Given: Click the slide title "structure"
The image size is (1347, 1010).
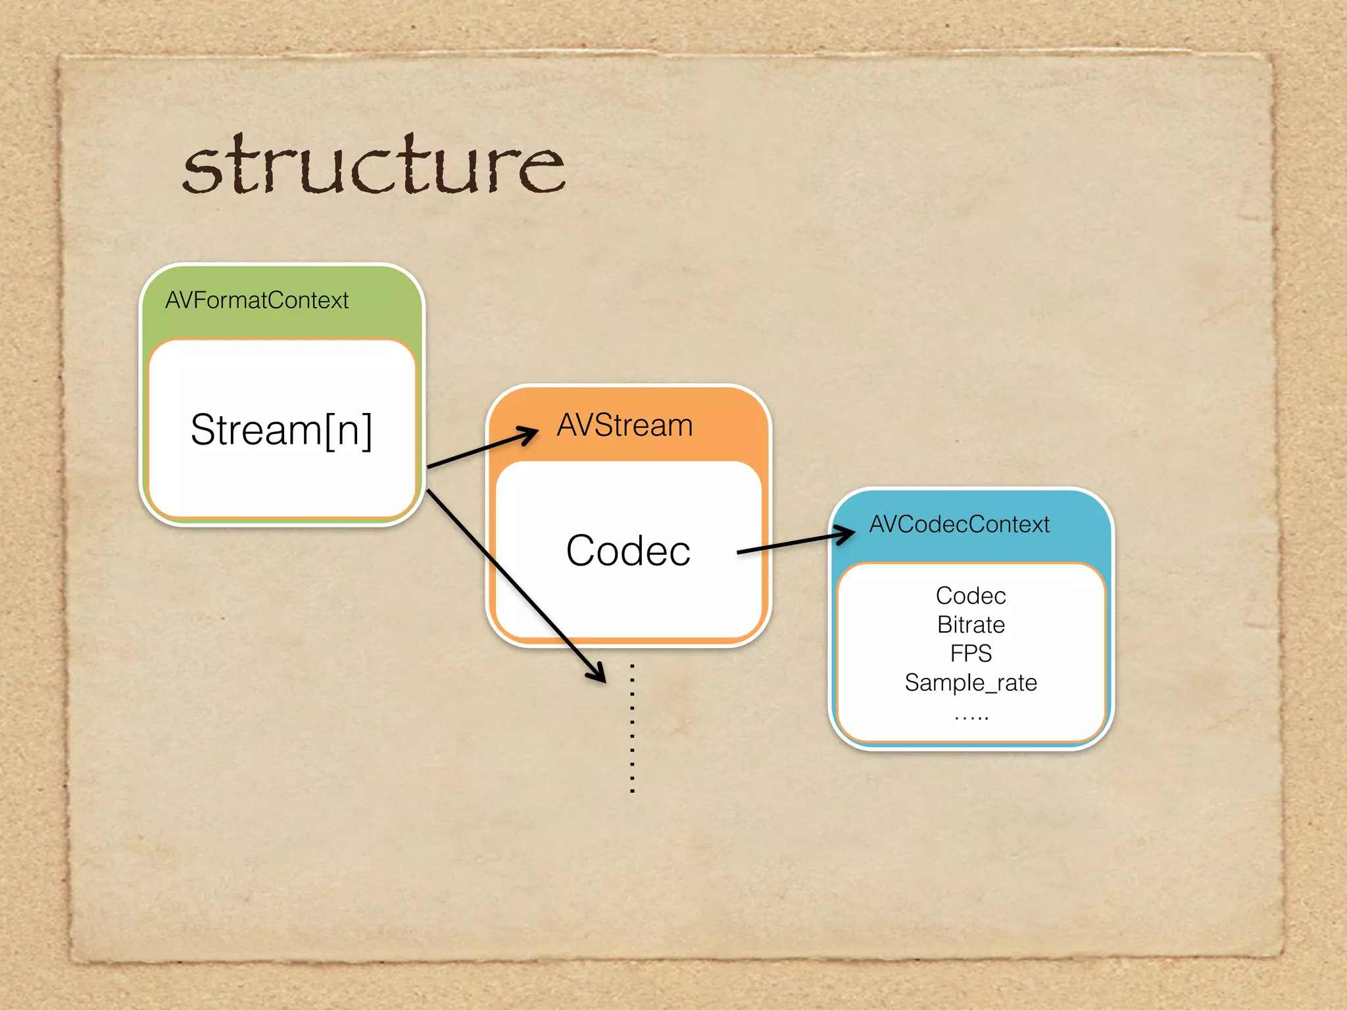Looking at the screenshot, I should tap(374, 166).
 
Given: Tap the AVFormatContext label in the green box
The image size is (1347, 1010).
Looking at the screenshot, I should tap(257, 301).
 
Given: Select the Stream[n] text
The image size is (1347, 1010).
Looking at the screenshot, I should tap(282, 430).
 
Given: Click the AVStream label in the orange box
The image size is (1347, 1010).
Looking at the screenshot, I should tap(625, 425).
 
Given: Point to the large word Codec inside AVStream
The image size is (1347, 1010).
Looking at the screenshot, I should tap(628, 550).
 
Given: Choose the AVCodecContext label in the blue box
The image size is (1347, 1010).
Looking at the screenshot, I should tap(959, 524).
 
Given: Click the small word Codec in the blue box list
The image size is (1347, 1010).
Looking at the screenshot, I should tap(971, 596).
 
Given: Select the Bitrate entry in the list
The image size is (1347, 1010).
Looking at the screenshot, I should tap(971, 625).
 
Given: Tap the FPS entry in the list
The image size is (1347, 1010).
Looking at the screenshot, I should tap(971, 654).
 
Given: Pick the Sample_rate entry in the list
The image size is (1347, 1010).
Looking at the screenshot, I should tap(971, 683).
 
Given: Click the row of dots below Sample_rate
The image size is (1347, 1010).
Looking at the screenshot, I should tap(971, 717).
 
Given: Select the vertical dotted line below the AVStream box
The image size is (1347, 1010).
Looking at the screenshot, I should tap(632, 729).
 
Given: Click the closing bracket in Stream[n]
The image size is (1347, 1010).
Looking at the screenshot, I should tap(366, 431).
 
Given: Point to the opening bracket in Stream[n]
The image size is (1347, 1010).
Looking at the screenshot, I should tap(330, 431).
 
